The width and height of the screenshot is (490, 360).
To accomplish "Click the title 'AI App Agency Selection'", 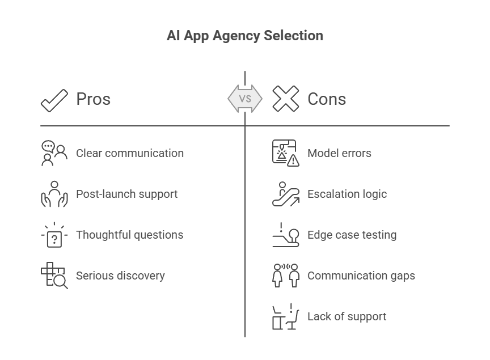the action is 244,36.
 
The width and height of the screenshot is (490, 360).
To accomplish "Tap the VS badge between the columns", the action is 245,99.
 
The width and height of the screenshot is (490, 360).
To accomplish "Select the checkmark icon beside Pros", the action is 54,100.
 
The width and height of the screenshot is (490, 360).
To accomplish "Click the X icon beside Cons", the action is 286,99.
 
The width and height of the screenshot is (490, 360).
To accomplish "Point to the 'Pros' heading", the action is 94,99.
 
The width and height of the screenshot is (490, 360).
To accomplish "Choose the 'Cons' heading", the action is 327,99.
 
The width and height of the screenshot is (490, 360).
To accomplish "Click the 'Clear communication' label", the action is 130,153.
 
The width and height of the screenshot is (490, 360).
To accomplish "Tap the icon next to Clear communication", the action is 54,153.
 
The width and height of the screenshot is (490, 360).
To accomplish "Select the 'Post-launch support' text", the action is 127,194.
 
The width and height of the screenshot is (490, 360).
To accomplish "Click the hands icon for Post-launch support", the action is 54,194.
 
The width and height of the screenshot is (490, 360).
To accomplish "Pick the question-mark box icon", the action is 54,235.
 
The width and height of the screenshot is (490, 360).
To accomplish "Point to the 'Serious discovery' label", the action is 120,276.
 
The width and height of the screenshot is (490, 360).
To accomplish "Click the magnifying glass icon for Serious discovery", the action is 60,281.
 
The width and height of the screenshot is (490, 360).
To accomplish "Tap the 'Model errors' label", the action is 339,153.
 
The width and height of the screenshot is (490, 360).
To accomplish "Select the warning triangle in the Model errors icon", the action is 293,160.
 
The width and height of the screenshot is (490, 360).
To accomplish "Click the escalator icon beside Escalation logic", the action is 286,194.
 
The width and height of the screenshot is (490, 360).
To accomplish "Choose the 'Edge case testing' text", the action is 352,235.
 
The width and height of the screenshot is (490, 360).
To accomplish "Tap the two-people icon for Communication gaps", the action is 286,276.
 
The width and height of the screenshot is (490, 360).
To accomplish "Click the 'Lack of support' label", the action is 347,316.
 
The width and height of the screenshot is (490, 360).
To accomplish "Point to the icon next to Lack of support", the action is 286,316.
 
